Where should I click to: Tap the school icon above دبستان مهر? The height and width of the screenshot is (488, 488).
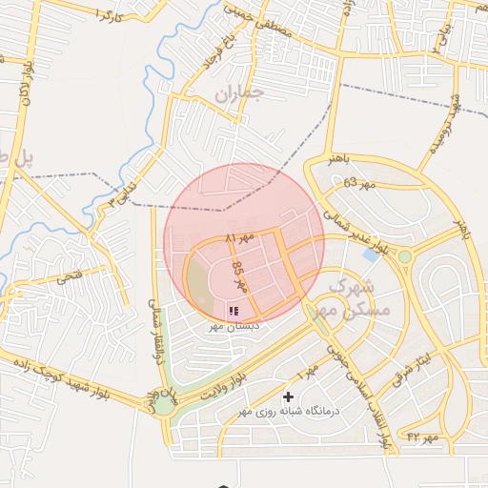click(x=234, y=311)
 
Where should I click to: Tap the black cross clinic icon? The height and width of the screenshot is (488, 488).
click(x=289, y=396)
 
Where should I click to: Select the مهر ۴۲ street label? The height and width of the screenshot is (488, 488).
click(x=420, y=437)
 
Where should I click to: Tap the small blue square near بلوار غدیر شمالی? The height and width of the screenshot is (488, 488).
click(x=370, y=255)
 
